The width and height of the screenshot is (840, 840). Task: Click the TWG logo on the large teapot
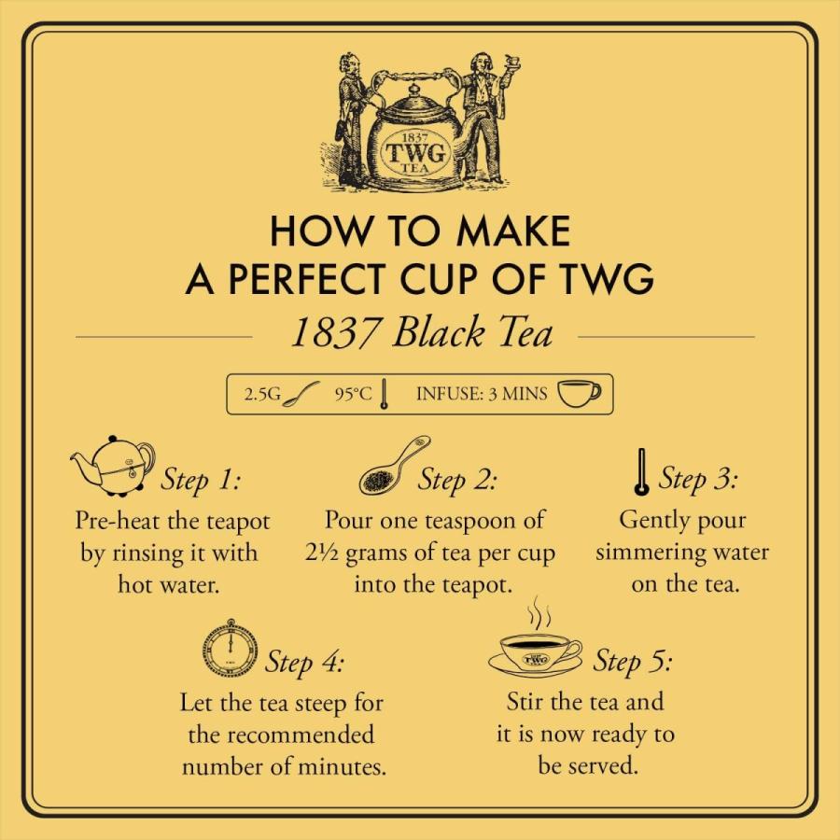coord(418,152)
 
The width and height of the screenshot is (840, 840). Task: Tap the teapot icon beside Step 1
coord(112,464)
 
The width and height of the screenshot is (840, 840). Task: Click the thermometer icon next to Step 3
coord(640,475)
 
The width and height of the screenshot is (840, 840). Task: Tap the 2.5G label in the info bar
coord(262,394)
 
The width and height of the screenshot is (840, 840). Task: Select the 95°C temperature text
coord(353,394)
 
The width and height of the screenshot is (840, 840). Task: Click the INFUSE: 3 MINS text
coord(481,394)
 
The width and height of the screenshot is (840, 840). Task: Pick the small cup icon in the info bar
coord(579,394)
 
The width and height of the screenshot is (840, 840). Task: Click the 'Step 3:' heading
coord(698,480)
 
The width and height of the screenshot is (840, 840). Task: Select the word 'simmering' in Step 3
coord(642,552)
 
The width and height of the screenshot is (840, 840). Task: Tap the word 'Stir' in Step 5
coord(527,701)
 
